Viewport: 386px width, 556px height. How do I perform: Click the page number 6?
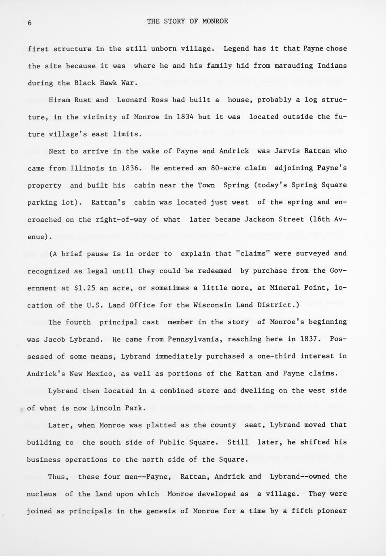click(x=29, y=23)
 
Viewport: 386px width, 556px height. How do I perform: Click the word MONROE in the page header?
click(x=215, y=21)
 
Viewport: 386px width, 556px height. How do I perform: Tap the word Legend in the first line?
click(x=236, y=48)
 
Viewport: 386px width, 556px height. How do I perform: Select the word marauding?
click(x=293, y=65)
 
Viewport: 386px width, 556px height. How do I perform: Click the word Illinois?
click(x=87, y=168)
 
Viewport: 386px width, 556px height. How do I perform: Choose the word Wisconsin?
click(x=212, y=305)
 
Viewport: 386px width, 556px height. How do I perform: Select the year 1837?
click(x=310, y=339)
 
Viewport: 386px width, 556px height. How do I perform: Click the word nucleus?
click(x=42, y=494)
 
